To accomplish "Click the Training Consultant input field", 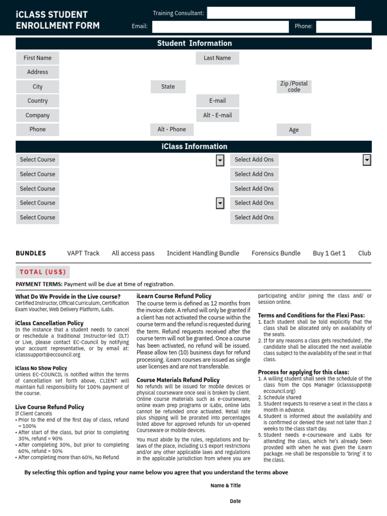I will (x=281, y=13).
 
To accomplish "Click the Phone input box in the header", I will (x=343, y=27).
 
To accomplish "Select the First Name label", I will (x=37, y=58).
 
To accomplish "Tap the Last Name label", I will (x=217, y=58).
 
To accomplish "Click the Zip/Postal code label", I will (x=294, y=87).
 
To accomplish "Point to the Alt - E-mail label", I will (x=217, y=115).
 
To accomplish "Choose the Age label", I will (x=294, y=130).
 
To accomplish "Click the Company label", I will (x=37, y=115).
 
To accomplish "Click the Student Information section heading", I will (x=194, y=43).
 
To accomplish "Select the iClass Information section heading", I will (x=194, y=147).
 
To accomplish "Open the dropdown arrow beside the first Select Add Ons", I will (x=367, y=160).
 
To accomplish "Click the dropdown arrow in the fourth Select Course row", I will (x=220, y=203).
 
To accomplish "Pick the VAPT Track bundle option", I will (x=83, y=253).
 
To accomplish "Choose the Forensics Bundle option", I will (x=276, y=253).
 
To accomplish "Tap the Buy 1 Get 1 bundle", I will (x=329, y=253).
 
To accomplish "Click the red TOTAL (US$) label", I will (x=43, y=272).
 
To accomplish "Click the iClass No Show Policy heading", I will (x=41, y=368).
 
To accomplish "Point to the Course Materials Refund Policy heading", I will (x=178, y=380).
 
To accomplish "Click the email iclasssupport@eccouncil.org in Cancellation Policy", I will (x=48, y=355).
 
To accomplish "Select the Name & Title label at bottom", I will (x=225, y=486).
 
